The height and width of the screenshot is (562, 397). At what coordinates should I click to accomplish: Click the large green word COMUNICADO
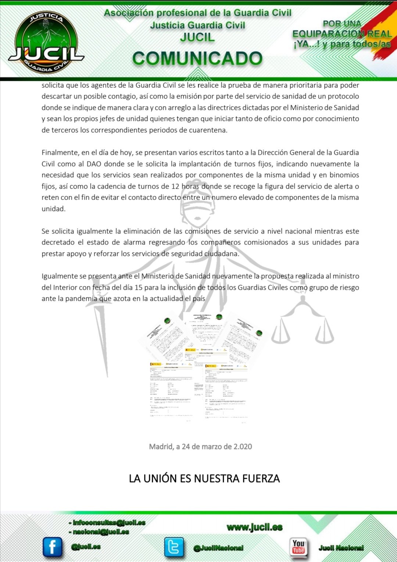(x=197, y=58)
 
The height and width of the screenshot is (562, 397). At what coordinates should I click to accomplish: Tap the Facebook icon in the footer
(x=53, y=547)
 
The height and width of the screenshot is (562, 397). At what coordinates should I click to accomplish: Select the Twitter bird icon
(x=174, y=547)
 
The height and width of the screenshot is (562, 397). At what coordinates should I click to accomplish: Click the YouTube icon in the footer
(x=298, y=547)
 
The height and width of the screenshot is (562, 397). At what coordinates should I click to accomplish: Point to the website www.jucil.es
(x=255, y=527)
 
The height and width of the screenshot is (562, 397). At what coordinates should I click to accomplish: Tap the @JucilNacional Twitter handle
(x=218, y=548)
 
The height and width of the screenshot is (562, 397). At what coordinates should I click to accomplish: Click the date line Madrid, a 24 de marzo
(x=200, y=447)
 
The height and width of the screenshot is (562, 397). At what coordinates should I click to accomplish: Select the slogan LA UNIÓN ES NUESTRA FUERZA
(x=204, y=479)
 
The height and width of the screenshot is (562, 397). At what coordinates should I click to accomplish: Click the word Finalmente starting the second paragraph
(x=60, y=153)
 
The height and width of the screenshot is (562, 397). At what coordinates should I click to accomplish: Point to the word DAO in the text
(x=94, y=164)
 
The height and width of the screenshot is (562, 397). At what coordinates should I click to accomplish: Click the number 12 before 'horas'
(x=175, y=186)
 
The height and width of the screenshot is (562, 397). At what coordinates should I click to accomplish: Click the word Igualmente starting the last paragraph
(x=60, y=276)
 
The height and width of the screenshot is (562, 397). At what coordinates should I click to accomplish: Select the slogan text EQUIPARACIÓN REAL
(x=342, y=34)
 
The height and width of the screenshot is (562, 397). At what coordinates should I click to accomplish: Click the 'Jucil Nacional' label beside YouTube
(x=341, y=548)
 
